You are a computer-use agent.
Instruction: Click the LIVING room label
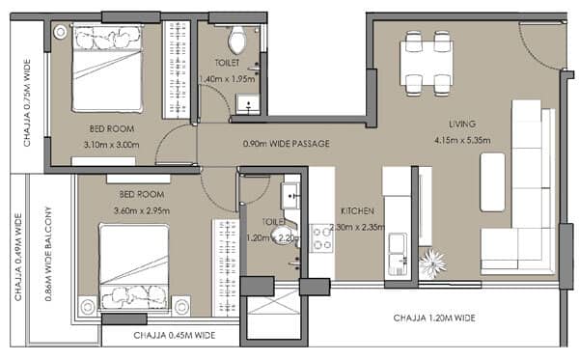point(462,125)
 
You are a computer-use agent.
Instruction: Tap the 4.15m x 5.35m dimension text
point(462,140)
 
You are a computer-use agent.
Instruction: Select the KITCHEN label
point(357,211)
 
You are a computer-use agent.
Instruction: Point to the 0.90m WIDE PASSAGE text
point(287,144)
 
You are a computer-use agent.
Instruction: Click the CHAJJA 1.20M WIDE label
point(434,318)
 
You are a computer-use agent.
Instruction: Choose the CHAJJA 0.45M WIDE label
point(175,335)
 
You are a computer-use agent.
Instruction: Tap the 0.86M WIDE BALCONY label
point(48,254)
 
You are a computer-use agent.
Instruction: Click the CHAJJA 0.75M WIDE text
point(27,102)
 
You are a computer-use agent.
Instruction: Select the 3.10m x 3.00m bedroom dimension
point(112,145)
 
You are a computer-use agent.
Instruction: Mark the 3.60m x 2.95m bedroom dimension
point(142,210)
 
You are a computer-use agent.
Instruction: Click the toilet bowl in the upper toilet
point(236,40)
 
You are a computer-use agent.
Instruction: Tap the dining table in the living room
point(427,64)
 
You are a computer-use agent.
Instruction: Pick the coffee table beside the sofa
point(492,182)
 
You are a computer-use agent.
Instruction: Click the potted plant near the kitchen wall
point(432,263)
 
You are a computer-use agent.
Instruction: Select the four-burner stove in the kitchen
point(321,238)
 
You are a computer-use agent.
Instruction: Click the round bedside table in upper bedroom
point(60,32)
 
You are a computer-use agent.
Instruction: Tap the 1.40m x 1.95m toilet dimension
point(227,79)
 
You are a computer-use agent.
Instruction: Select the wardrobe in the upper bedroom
point(177,69)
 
